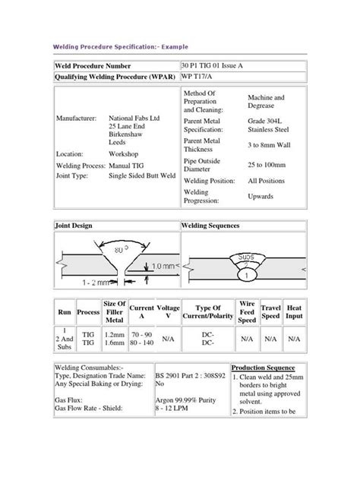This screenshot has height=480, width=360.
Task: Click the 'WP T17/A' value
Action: click(197, 77)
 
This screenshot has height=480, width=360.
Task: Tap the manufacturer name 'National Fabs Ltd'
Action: click(132, 119)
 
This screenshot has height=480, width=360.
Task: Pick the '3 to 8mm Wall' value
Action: click(270, 144)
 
